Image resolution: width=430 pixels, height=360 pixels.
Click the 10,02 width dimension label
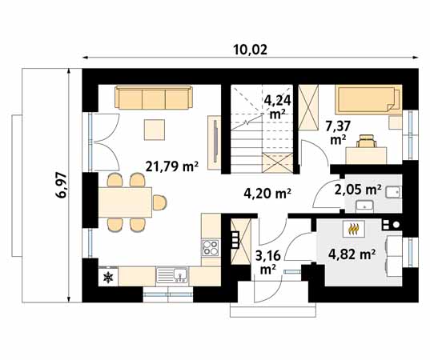pyautogui.click(x=250, y=50)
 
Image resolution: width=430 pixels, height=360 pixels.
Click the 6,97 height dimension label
pyautogui.click(x=61, y=185)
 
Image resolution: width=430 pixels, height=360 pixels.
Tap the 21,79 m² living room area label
pyautogui.click(x=172, y=166)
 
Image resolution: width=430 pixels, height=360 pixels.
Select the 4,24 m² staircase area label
pyautogui.click(x=277, y=107)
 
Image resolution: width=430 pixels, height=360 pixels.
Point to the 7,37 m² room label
pyautogui.click(x=338, y=133)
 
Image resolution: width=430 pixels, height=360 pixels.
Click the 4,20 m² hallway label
pyautogui.click(x=267, y=194)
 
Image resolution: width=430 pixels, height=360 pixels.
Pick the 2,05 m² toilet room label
pyautogui.click(x=358, y=190)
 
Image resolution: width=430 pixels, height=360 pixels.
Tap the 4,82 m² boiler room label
pyautogui.click(x=352, y=254)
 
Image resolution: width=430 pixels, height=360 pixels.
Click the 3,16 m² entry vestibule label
pyautogui.click(x=268, y=262)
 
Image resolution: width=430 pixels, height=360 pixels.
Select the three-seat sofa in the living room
pyautogui.click(x=154, y=98)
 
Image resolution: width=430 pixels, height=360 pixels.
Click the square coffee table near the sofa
pyautogui.click(x=155, y=130)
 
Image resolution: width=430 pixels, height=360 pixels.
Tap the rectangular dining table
pyautogui.click(x=125, y=202)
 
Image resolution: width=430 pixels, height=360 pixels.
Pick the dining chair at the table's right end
pyautogui.click(x=159, y=202)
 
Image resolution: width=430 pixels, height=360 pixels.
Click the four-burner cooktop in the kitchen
pyautogui.click(x=211, y=248)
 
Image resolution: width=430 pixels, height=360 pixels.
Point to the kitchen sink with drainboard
pyautogui.click(x=172, y=274)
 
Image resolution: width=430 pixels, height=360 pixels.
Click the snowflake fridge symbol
pyautogui.click(x=108, y=278)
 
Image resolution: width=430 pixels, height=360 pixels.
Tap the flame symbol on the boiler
pyautogui.click(x=354, y=229)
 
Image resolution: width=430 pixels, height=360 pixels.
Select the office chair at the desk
pyautogui.click(x=367, y=141)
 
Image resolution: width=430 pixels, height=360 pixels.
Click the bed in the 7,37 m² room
pyautogui.click(x=368, y=100)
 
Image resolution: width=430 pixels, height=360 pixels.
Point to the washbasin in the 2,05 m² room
pyautogui.click(x=364, y=206)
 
